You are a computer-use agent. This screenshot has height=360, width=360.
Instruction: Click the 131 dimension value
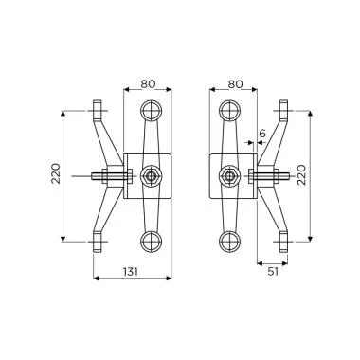pos(131,272)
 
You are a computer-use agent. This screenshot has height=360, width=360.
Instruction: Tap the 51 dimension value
pos(273,272)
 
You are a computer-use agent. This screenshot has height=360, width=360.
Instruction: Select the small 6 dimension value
pos(262,134)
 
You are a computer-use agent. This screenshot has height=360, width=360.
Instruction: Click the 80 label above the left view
pos(148,84)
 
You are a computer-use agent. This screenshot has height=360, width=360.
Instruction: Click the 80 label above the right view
pos(235,84)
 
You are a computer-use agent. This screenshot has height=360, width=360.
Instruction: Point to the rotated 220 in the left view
pos(56,173)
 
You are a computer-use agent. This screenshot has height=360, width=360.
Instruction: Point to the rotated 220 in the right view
pos(301,174)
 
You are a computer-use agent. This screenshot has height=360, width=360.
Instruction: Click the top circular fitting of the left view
pos(151,110)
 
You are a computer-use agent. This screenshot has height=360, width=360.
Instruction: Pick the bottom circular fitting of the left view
pos(151,242)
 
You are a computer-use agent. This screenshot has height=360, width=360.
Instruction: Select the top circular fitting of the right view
pos(229,110)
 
